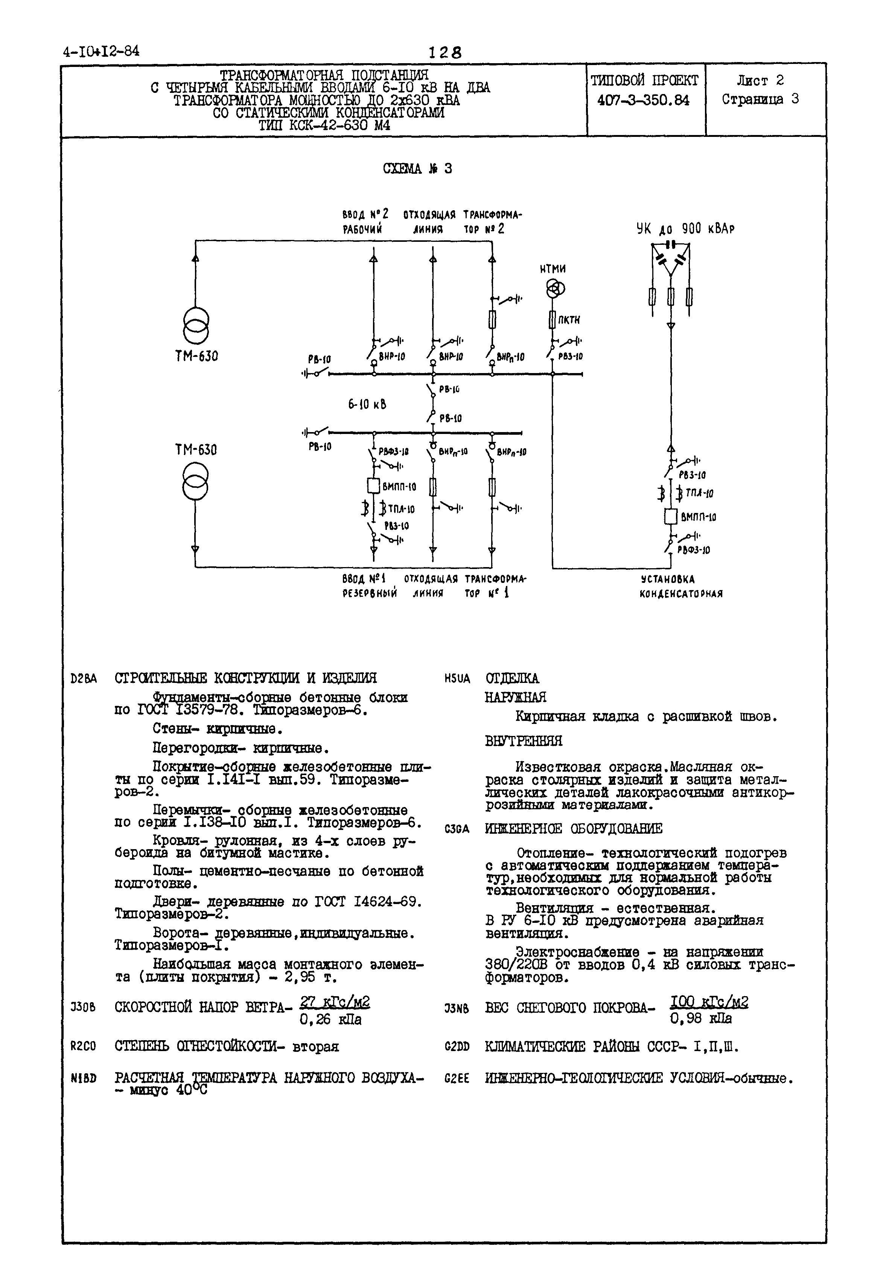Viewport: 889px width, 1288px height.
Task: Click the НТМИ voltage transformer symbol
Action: coord(555,288)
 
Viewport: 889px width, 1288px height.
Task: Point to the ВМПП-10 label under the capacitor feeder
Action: coord(698,517)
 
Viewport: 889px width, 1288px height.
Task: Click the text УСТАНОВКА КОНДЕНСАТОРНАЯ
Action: coord(680,587)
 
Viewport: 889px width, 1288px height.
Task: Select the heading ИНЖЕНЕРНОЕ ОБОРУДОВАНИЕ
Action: coord(574,829)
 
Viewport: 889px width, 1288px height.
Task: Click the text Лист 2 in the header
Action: coord(760,81)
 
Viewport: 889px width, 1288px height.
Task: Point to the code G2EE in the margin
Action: coord(457,1078)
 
